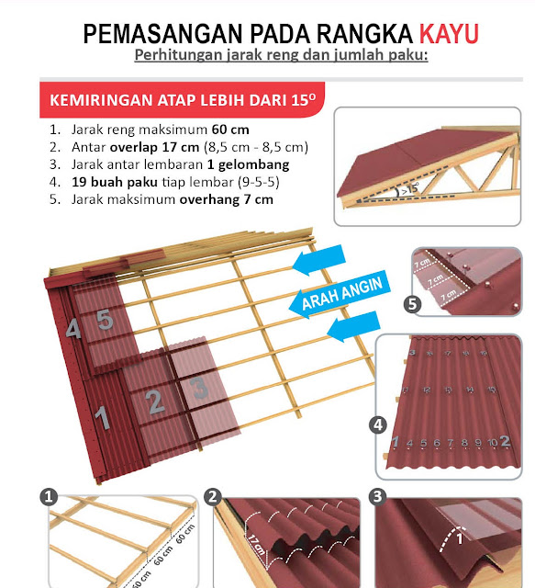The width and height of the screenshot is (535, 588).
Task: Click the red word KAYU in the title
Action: click(449, 34)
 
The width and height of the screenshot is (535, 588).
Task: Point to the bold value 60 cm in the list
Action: click(229, 129)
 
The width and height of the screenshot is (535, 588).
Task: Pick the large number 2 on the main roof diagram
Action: click(155, 401)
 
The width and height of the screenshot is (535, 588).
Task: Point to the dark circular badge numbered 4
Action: click(377, 425)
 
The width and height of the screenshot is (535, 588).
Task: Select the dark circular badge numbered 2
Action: click(214, 496)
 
